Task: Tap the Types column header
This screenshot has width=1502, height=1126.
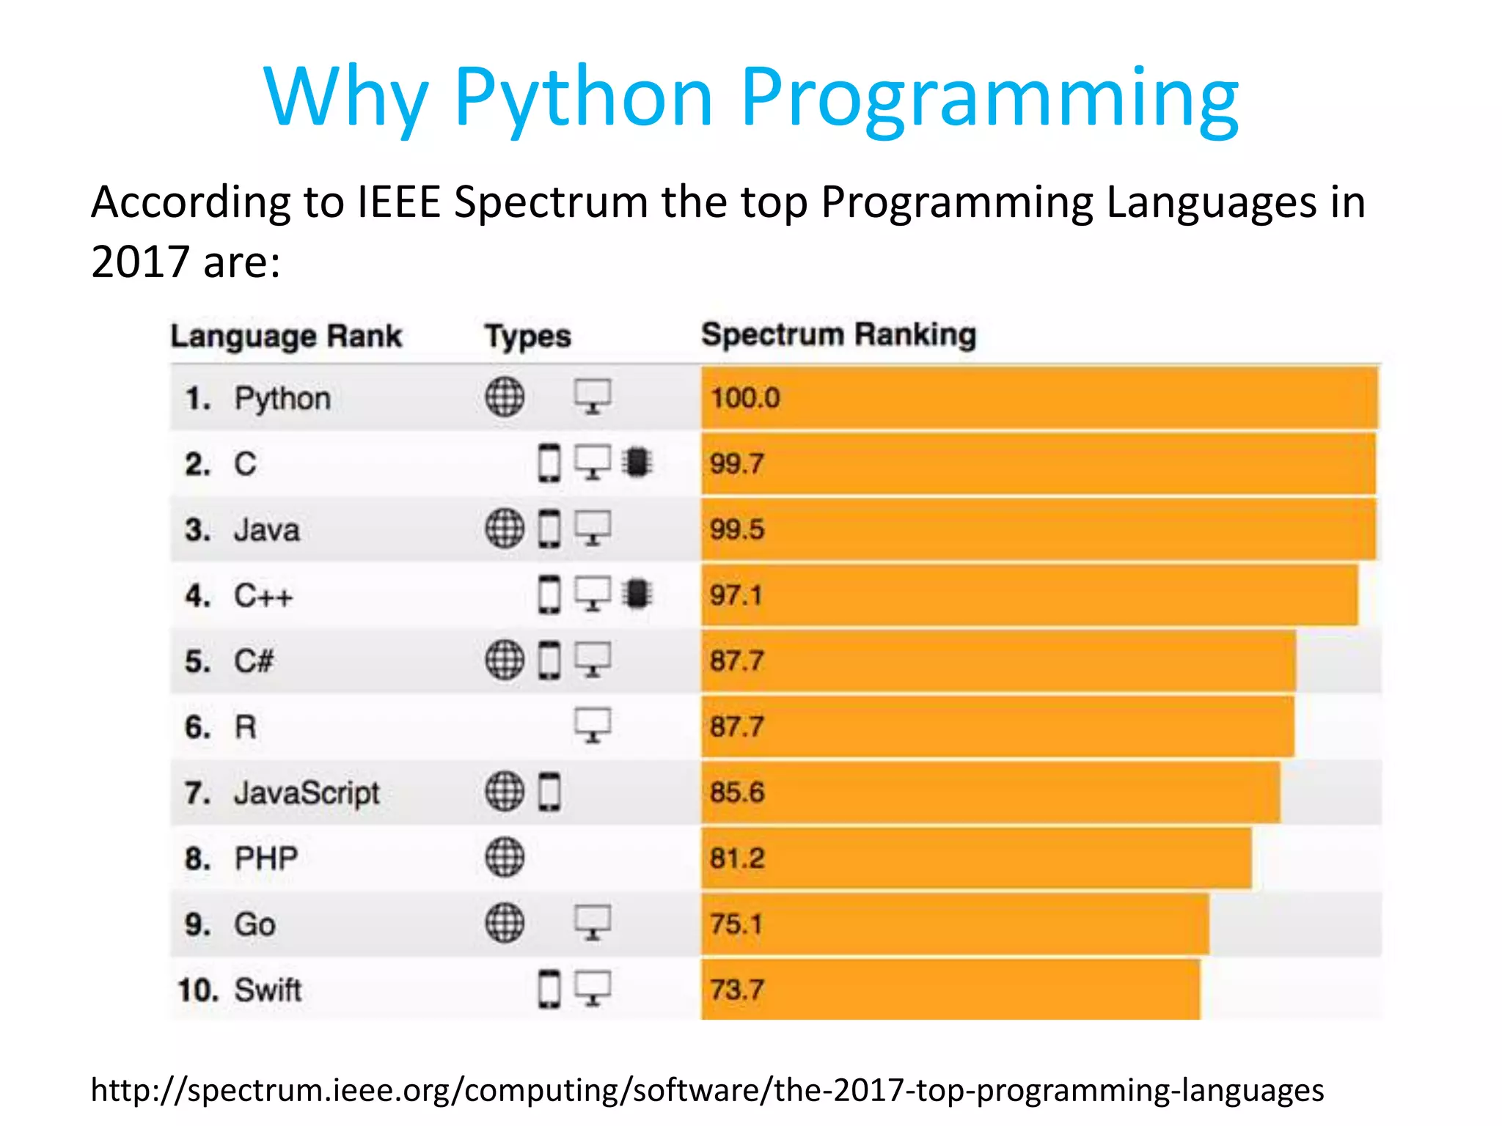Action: [x=527, y=336]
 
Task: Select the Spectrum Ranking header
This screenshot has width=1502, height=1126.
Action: [x=838, y=334]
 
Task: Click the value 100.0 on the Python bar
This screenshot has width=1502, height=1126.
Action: [x=744, y=398]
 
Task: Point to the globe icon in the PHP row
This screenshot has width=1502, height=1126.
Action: [x=505, y=858]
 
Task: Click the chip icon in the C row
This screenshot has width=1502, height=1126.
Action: [x=637, y=463]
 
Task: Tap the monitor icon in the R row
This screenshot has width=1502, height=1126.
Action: [x=593, y=726]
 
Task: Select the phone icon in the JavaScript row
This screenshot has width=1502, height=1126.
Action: [x=549, y=792]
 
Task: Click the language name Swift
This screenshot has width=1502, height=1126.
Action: [x=268, y=990]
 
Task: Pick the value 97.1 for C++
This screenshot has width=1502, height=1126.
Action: [x=736, y=595]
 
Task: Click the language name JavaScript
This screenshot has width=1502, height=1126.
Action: [x=307, y=792]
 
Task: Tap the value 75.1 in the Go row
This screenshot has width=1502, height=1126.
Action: [x=736, y=924]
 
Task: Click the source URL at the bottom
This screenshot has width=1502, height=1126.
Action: [x=707, y=1090]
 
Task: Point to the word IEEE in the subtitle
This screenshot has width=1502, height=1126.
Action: [x=398, y=202]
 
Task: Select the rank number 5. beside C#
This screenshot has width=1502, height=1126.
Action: [x=197, y=661]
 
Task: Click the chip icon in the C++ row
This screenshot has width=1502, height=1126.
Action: [x=637, y=594]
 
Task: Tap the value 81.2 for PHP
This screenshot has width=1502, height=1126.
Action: [x=736, y=858]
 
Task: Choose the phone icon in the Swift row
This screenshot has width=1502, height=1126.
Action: [x=549, y=989]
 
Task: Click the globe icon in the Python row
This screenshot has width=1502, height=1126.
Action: [x=505, y=397]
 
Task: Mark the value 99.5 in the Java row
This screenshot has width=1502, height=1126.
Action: [x=736, y=529]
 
